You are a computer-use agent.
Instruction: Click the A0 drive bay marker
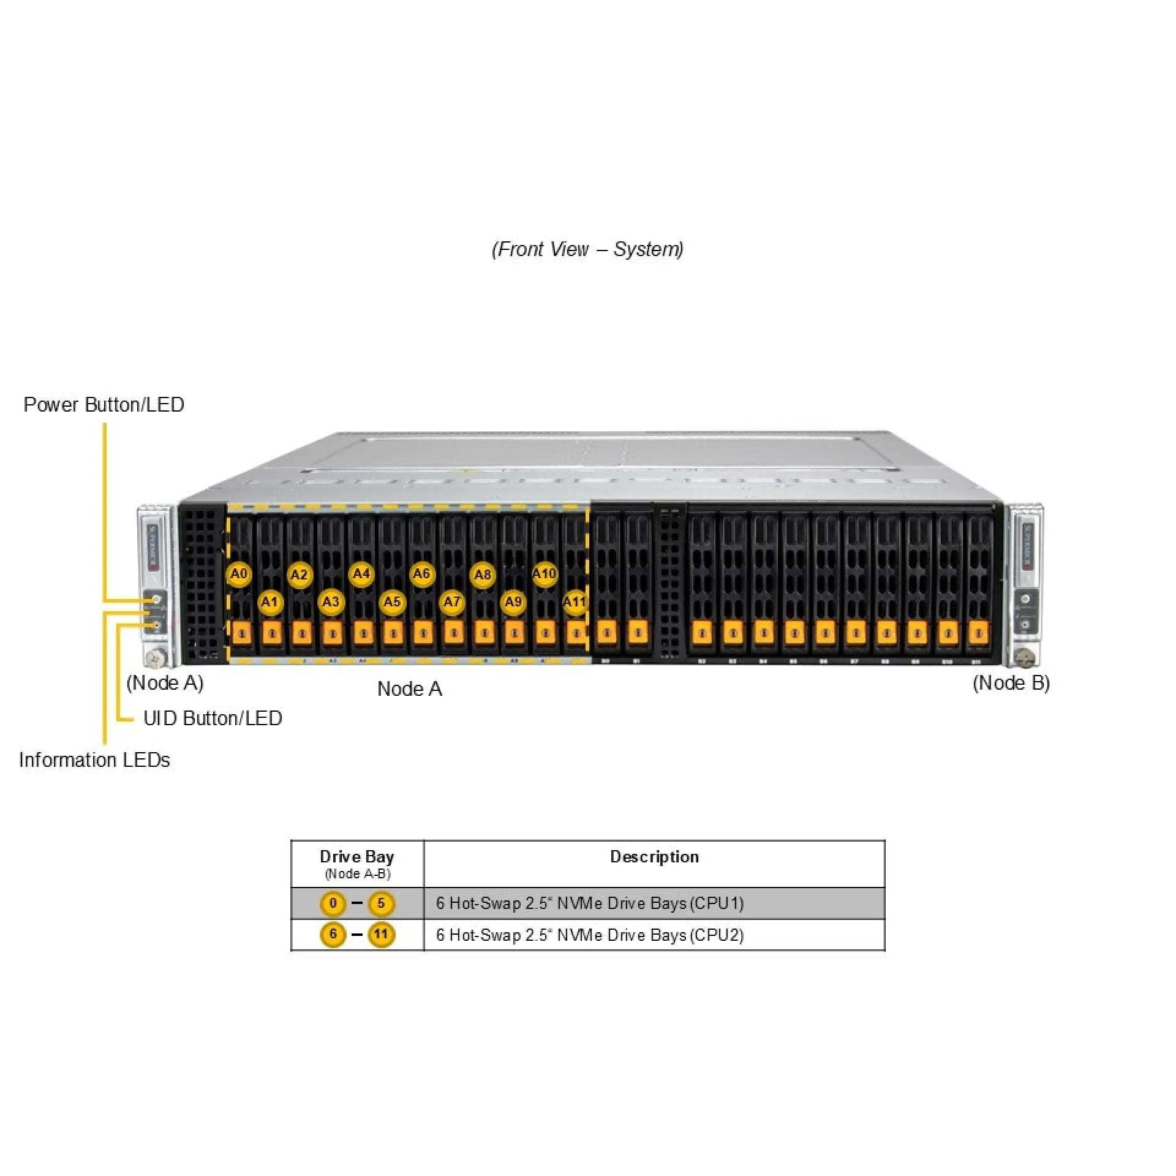point(239,575)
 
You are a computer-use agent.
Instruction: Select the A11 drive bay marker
point(575,602)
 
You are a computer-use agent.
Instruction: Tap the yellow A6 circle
point(421,575)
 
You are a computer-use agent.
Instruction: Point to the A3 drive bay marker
point(331,602)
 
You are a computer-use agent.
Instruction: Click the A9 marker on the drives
point(513,602)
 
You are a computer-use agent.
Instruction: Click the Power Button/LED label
point(104,405)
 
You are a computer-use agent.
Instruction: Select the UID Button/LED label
point(213,718)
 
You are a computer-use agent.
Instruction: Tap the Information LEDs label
point(94,759)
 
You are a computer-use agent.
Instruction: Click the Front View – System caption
point(587,249)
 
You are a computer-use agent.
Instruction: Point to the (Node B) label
point(1011,683)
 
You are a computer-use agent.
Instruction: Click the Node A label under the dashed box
point(409,689)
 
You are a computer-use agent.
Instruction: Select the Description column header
point(654,857)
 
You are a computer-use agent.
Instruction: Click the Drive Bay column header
point(357,857)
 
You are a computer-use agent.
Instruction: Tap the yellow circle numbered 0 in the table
point(333,903)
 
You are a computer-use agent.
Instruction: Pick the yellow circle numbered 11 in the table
point(381,935)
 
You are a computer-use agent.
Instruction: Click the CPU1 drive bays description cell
point(590,903)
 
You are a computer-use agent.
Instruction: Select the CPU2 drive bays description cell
point(590,935)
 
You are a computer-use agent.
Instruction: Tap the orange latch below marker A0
point(242,633)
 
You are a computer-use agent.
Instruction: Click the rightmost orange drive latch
point(978,633)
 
